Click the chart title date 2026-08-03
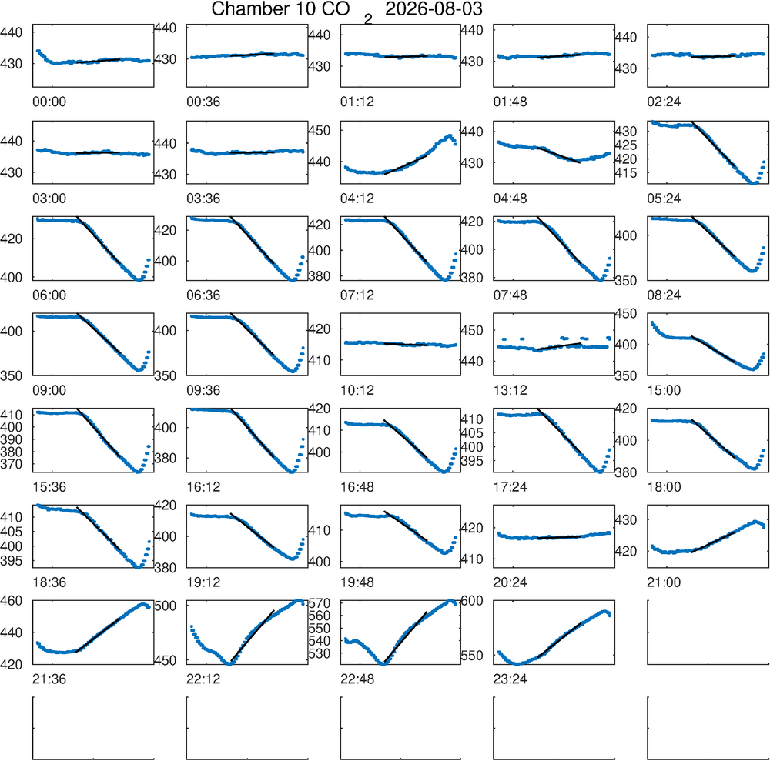(434, 8)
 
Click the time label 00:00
(49, 102)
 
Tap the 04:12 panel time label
(357, 199)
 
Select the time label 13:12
(511, 390)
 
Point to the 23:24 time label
(511, 679)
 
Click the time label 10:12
(357, 390)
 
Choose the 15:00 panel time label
(664, 390)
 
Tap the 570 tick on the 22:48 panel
(319, 602)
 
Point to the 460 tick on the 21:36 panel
(12, 600)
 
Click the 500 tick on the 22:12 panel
(165, 606)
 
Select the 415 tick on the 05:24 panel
(625, 173)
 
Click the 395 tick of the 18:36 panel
(12, 560)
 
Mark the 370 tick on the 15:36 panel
(12, 464)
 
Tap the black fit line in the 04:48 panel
(559, 155)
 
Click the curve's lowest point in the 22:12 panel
(229, 663)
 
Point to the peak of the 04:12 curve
(450, 135)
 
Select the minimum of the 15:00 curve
(752, 369)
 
